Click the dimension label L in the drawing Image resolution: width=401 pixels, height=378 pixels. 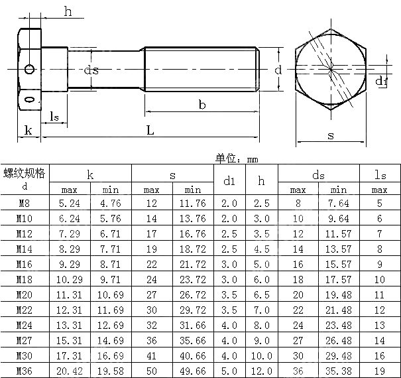click(150, 131)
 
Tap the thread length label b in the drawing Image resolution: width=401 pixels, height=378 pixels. click(202, 104)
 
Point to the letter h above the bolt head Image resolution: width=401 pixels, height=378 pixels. click(68, 11)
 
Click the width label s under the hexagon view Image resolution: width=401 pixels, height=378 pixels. click(331, 136)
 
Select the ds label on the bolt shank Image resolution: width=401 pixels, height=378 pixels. click(91, 70)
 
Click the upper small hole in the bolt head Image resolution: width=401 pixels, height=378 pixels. click(29, 69)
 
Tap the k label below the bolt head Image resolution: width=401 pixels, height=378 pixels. click(28, 130)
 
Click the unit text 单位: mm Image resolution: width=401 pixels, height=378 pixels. click(237, 158)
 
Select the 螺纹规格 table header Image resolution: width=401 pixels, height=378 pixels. click(25, 174)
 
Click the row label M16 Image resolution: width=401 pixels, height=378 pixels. click(25, 263)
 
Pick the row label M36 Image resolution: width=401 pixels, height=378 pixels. click(25, 370)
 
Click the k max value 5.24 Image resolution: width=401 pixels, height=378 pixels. click(70, 204)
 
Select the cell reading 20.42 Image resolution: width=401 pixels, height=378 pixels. click(70, 370)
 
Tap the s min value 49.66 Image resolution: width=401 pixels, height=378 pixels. click(193, 370)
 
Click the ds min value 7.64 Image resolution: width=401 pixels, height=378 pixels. click(339, 204)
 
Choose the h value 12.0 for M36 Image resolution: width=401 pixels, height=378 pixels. click(262, 370)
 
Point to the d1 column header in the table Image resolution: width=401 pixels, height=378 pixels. click(229, 180)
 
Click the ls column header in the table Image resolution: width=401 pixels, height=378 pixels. click(380, 175)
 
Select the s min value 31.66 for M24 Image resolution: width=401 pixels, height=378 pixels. click(193, 325)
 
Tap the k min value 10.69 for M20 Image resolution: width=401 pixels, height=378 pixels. click(111, 294)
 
